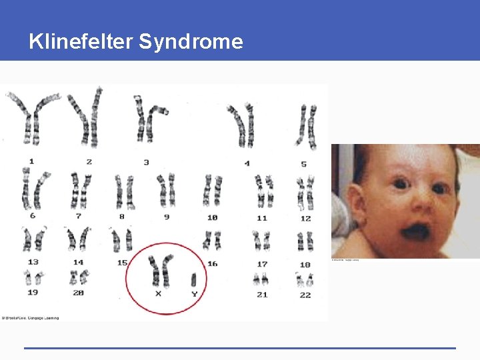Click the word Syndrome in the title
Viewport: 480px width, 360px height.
point(191,41)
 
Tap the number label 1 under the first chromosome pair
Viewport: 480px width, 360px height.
point(31,161)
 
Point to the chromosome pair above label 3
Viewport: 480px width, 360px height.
point(150,119)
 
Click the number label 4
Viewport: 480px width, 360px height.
point(247,163)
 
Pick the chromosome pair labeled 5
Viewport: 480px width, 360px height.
point(307,125)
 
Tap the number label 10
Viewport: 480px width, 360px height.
point(212,217)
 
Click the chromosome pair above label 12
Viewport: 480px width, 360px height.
point(305,192)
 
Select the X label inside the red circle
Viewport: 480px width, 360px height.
point(158,293)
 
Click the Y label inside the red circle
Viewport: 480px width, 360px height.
point(194,293)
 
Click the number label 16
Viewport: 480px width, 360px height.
point(212,263)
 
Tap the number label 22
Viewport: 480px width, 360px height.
point(305,295)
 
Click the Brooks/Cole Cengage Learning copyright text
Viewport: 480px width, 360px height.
point(31,317)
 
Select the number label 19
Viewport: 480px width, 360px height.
point(31,292)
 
